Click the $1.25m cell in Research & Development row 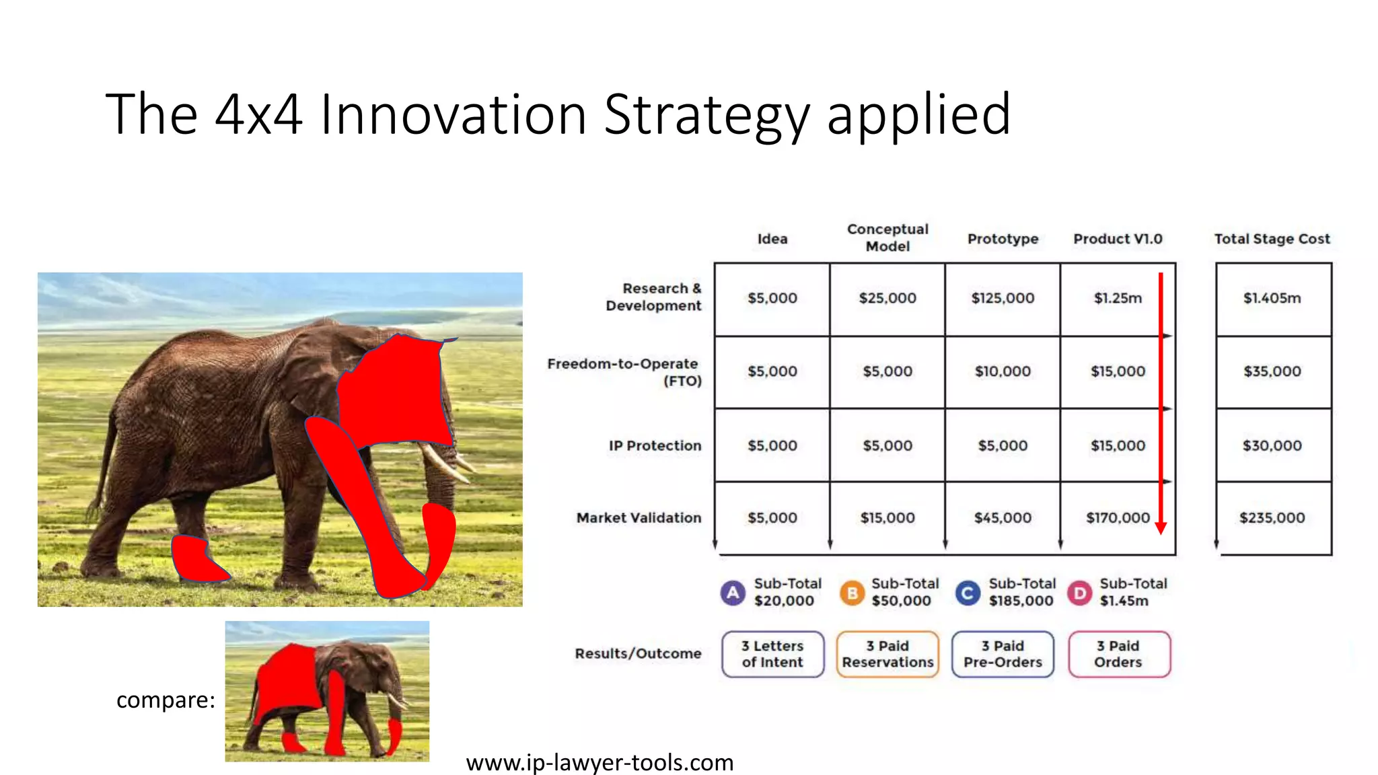1118,298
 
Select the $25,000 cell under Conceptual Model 887,298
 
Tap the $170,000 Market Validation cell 1118,518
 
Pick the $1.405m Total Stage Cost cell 1272,298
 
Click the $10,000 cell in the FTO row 1003,371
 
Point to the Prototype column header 1003,239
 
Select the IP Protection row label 655,445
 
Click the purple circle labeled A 733,593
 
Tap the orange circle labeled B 852,593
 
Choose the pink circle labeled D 1079,593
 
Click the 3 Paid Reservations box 887,654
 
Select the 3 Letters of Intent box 772,654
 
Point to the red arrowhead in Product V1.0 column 1161,528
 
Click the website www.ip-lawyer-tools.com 600,763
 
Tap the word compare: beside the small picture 166,700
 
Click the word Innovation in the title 453,114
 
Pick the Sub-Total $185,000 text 1021,592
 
